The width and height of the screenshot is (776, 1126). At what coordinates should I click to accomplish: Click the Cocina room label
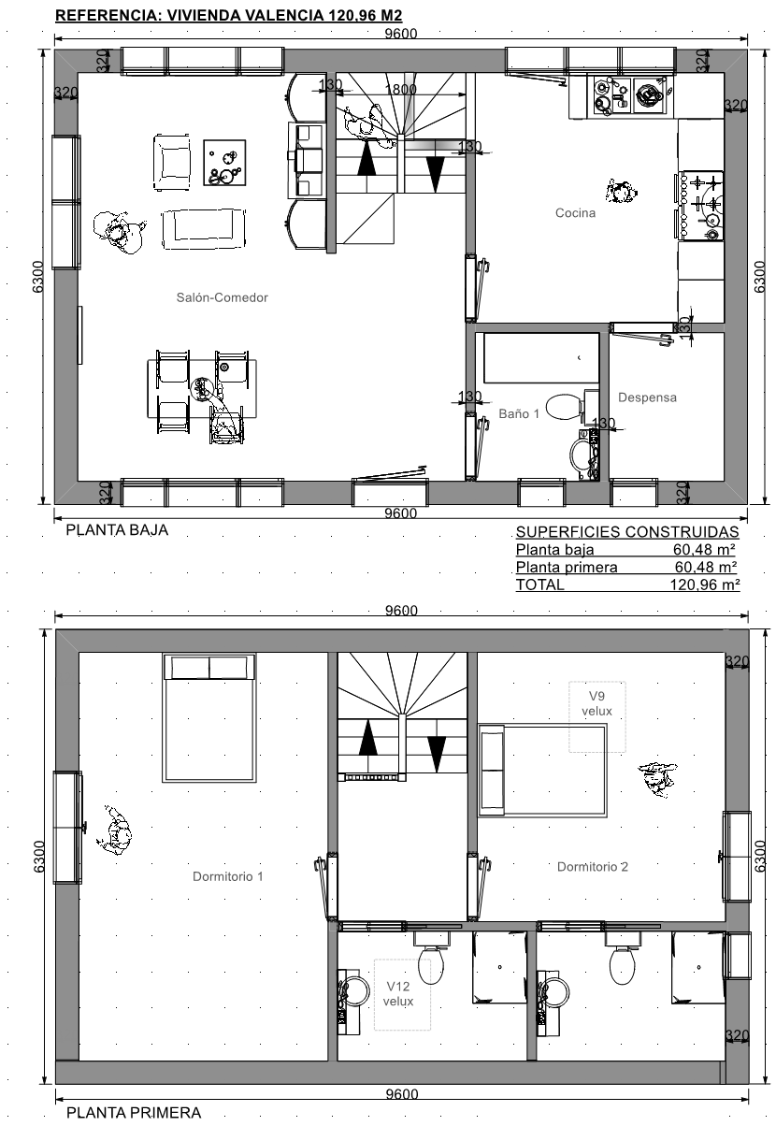(x=575, y=212)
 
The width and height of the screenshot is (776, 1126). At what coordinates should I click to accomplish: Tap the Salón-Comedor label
(x=222, y=297)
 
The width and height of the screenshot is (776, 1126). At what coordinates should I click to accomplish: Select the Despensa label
(x=647, y=397)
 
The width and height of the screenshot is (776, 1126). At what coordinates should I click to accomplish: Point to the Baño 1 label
(x=519, y=413)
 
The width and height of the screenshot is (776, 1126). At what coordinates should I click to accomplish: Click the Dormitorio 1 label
(x=228, y=876)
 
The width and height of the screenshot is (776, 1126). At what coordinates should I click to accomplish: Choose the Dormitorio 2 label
(x=593, y=867)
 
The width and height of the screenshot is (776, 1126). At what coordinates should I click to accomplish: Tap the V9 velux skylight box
(x=597, y=716)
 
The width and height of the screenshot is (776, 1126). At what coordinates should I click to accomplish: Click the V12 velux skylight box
(x=402, y=994)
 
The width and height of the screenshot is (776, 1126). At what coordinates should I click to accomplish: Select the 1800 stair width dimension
(x=400, y=89)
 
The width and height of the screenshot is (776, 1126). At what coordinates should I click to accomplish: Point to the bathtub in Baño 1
(x=541, y=358)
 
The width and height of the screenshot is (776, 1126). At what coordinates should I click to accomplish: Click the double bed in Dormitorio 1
(x=209, y=718)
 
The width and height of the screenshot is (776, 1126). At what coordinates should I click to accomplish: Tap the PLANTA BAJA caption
(x=117, y=530)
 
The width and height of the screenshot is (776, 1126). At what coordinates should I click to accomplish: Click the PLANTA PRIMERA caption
(x=134, y=1112)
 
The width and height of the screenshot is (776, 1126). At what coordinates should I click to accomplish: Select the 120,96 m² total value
(x=705, y=585)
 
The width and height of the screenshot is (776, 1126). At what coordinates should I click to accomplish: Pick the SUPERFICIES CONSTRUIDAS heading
(x=627, y=532)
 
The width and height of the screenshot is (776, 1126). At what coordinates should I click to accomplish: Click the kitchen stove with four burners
(x=700, y=206)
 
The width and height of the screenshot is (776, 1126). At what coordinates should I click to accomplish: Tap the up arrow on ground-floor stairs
(x=366, y=157)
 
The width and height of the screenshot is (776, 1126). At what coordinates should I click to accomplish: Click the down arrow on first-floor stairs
(x=437, y=754)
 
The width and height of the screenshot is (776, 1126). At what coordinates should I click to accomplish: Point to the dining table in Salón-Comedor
(x=202, y=388)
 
